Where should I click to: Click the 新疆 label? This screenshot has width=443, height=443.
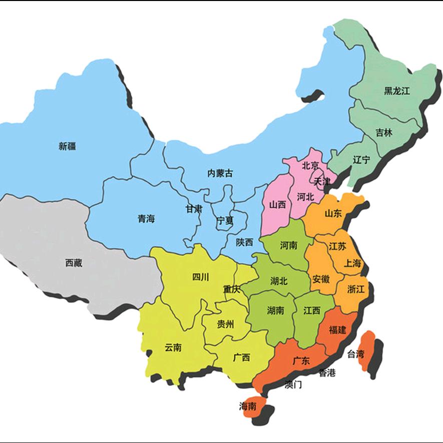(67, 146)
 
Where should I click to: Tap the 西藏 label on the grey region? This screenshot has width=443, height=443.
(74, 263)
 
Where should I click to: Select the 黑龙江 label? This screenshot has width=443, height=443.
(396, 91)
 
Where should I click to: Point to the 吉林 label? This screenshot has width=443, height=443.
(384, 133)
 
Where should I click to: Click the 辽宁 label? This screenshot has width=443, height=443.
(361, 160)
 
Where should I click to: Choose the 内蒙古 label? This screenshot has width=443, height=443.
(220, 173)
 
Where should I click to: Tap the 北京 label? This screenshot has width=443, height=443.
(310, 166)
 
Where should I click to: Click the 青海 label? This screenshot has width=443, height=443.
(146, 218)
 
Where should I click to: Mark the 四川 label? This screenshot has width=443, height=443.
(201, 277)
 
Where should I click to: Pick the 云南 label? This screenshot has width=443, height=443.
(173, 347)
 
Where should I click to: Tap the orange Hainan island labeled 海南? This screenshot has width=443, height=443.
(249, 406)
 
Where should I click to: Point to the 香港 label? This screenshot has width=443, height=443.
(327, 372)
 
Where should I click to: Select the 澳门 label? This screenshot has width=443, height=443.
(293, 384)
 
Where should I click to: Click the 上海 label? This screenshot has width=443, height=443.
(352, 264)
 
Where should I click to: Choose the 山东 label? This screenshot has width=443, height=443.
(333, 213)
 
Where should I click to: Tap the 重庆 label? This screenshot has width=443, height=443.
(232, 289)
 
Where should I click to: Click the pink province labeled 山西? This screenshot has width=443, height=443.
(277, 204)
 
